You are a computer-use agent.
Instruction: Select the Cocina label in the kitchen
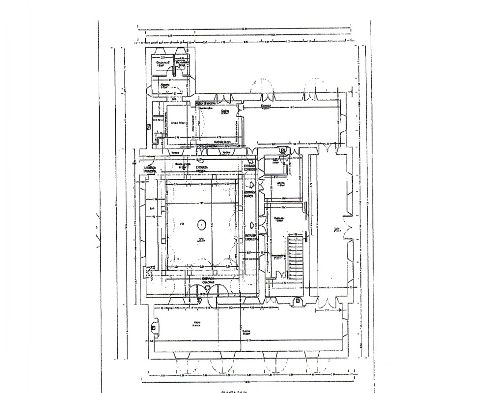tap(212, 112)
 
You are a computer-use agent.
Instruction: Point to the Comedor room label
tap(266, 106)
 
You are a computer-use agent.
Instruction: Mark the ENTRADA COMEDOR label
tap(250, 168)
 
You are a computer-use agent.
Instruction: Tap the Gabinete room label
tap(281, 184)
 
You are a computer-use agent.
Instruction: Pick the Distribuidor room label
tap(280, 219)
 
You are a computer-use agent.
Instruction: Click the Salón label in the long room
tap(337, 229)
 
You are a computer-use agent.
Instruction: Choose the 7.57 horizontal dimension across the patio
tap(201, 203)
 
